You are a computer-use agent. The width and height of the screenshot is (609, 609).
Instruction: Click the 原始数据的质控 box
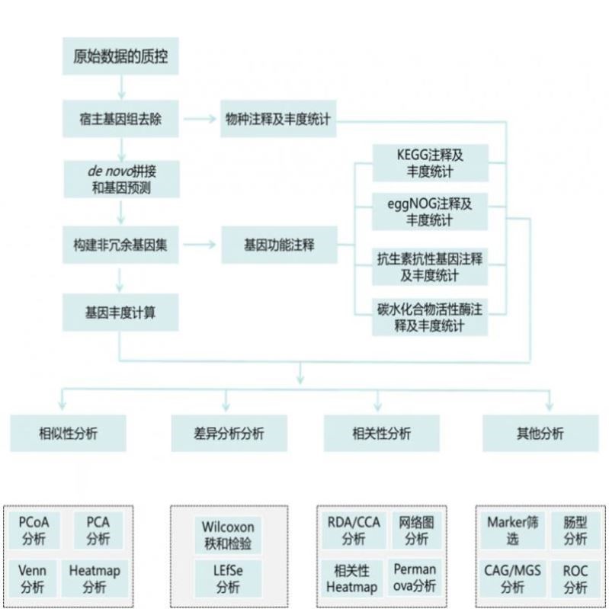click(x=120, y=56)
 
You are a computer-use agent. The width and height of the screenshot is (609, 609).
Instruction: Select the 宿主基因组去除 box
click(x=120, y=120)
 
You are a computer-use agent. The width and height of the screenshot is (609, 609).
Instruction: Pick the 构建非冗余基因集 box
click(x=120, y=245)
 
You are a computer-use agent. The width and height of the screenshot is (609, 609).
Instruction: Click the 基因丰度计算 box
click(x=120, y=312)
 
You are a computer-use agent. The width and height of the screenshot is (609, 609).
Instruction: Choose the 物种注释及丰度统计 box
click(x=279, y=120)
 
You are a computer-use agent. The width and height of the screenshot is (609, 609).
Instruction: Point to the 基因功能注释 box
click(x=279, y=245)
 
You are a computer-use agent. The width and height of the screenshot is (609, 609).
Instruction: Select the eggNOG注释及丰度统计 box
click(x=430, y=211)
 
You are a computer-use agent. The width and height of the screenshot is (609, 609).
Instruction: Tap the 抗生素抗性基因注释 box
click(x=430, y=267)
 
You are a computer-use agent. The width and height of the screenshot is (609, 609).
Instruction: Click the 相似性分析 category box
click(x=68, y=433)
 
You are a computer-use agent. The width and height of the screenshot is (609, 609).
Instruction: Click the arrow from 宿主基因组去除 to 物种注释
click(x=200, y=120)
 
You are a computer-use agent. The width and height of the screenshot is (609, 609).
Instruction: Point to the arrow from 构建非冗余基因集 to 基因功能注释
click(x=200, y=245)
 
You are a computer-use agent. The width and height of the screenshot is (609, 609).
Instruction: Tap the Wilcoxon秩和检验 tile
click(x=228, y=536)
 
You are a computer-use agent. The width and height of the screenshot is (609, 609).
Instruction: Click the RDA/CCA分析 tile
click(x=353, y=530)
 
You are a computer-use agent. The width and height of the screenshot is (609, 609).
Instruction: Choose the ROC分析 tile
click(x=575, y=579)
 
